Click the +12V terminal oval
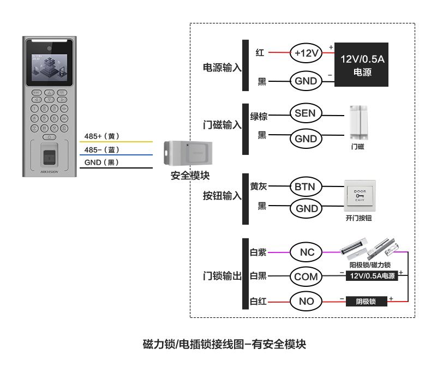[x=306, y=53]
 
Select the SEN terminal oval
[x=306, y=113]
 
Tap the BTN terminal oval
[x=306, y=187]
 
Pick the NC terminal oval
[x=306, y=252]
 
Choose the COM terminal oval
[x=306, y=276]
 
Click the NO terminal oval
[x=306, y=301]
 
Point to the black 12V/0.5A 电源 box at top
[x=362, y=64]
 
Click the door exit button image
[x=360, y=196]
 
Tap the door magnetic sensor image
[x=358, y=123]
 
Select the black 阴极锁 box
[x=367, y=302]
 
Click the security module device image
[x=188, y=153]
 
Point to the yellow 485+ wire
[x=116, y=142]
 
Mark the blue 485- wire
[x=116, y=155]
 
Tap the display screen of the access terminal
[x=50, y=68]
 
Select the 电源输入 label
[x=222, y=67]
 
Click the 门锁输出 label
[x=222, y=275]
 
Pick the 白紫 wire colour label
[x=258, y=252]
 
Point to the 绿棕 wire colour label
[x=259, y=116]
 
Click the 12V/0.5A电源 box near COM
[x=372, y=275]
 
